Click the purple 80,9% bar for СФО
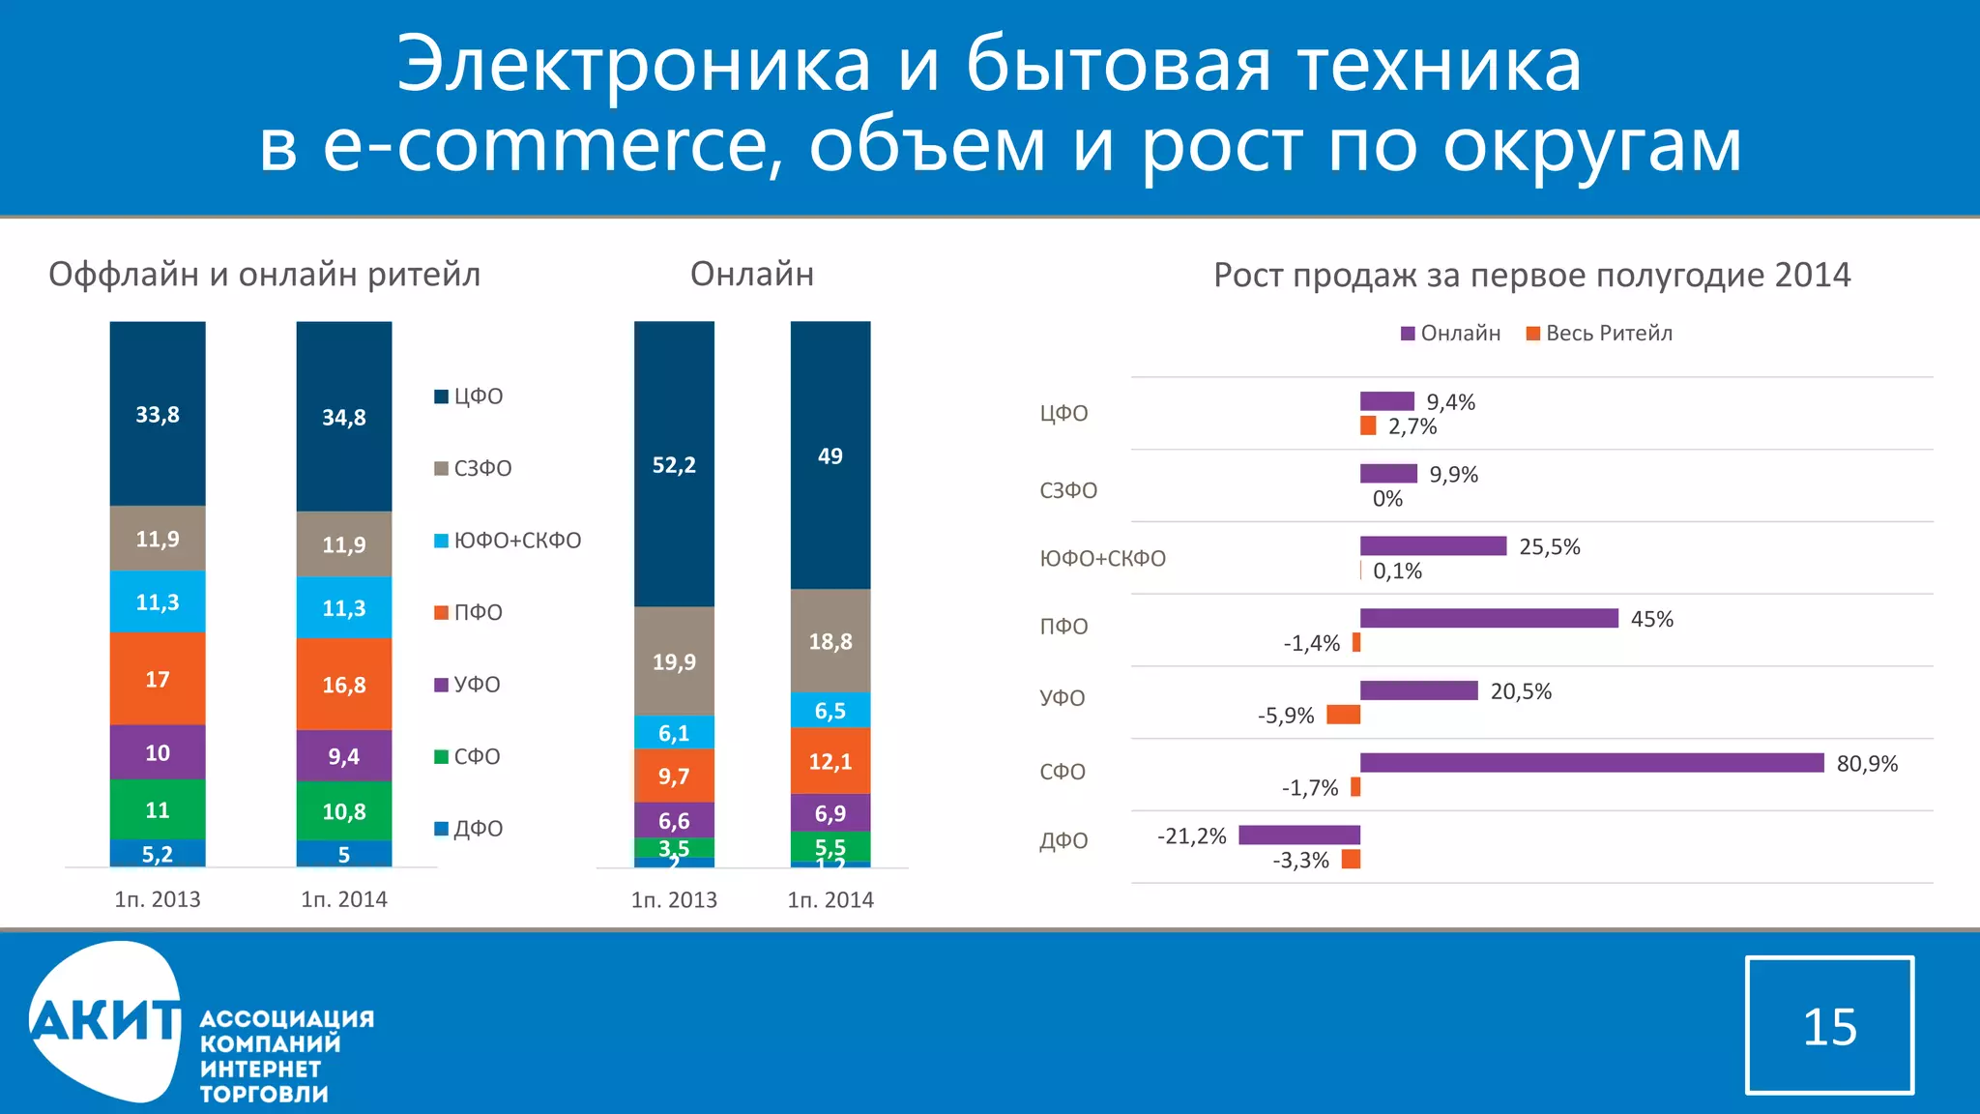pos(1591,763)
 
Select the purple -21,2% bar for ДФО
pos(1298,835)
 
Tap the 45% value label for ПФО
pos(1651,619)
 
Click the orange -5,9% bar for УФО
pos(1343,715)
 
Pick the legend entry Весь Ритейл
pos(1599,334)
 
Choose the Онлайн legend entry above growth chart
pos(1451,334)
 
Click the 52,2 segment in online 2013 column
pos(674,464)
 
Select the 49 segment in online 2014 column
pos(830,455)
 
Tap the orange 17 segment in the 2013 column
pos(158,679)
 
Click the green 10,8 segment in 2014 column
pos(343,811)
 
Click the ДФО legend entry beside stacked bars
pos(469,829)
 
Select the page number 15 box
pos(1829,1025)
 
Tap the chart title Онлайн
pos(751,275)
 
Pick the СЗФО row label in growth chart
pos(1068,490)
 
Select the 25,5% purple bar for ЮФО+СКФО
pos(1433,546)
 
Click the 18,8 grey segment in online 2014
pos(830,641)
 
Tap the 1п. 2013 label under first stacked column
pos(158,899)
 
